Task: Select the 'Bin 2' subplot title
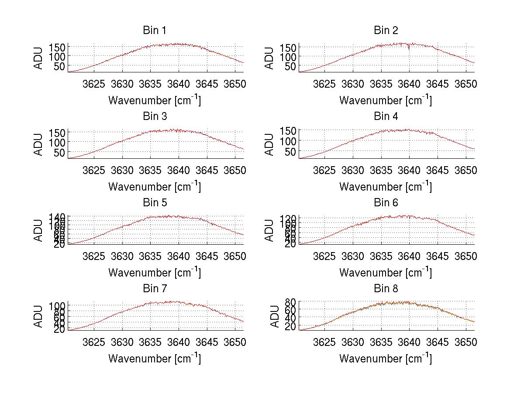click(x=386, y=31)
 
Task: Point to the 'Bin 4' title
click(x=386, y=116)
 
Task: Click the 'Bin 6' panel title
click(x=386, y=203)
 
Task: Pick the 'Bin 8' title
click(x=386, y=289)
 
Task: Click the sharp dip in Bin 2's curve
click(x=409, y=48)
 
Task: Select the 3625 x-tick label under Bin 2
click(x=324, y=84)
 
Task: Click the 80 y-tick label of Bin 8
click(x=290, y=302)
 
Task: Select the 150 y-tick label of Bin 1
click(x=57, y=47)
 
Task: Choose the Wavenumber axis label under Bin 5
click(x=154, y=273)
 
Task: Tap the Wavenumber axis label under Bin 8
click(x=386, y=359)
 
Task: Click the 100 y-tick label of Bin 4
click(x=288, y=141)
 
